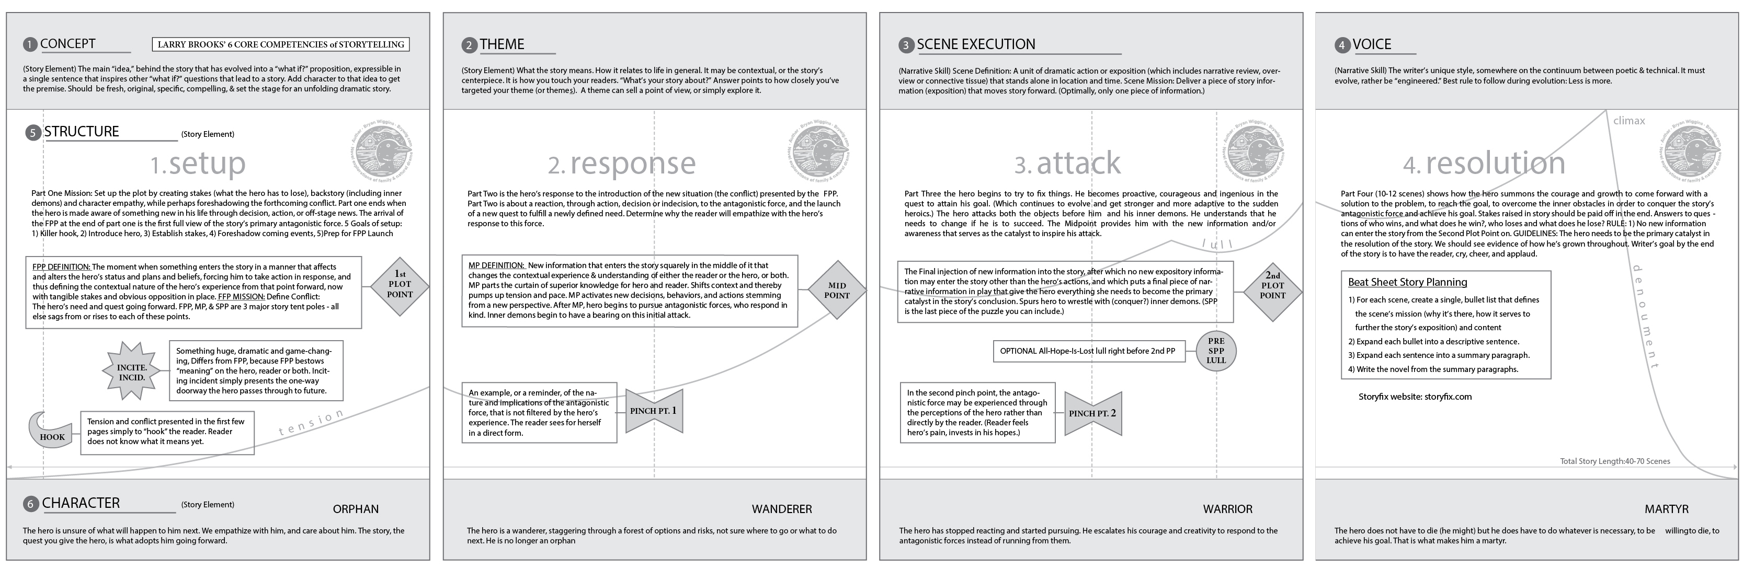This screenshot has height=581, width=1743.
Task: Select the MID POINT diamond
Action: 837,290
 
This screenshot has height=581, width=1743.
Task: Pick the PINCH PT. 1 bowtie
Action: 654,411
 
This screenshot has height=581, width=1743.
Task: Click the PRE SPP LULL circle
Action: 1216,351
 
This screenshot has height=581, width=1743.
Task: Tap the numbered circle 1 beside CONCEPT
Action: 30,44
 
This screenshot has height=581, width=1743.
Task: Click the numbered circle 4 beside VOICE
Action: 1342,45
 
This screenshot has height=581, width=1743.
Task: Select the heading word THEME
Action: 502,44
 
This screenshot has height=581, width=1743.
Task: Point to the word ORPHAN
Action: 356,509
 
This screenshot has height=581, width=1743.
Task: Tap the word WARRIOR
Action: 1227,509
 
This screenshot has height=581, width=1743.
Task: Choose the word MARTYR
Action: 1667,509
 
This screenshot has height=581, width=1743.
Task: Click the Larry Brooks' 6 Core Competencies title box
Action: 281,44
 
